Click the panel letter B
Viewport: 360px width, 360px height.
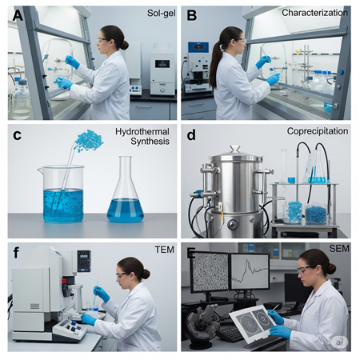[x=192, y=15]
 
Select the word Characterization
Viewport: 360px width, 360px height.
[x=315, y=13]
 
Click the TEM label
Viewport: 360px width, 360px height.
[x=164, y=250]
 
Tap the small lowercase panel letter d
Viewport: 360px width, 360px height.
[x=191, y=134]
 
